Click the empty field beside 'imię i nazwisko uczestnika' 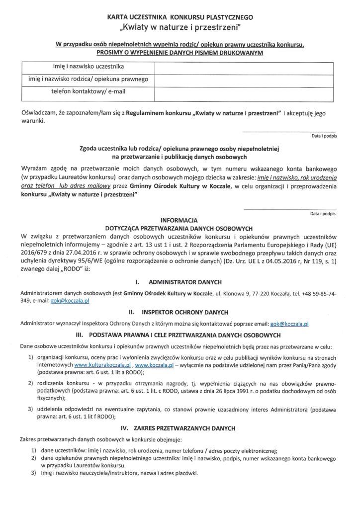(246, 66)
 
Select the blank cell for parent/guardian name (246, 79)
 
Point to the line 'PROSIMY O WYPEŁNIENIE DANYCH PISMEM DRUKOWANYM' (180, 52)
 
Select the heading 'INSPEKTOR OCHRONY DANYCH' (185, 312)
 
